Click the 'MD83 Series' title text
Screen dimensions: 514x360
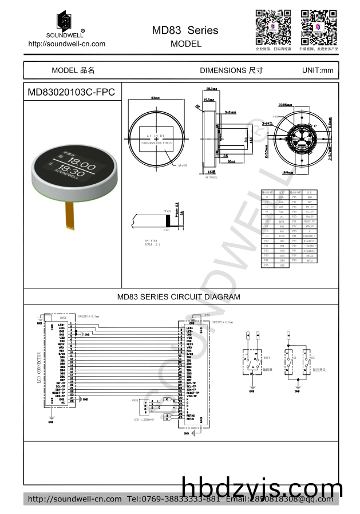pos(185,30)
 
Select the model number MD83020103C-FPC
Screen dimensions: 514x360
pos(71,92)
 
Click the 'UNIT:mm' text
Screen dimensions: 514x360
pos(317,70)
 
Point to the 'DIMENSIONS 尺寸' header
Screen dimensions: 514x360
pos(231,70)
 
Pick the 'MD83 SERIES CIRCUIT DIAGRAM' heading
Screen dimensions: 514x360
pos(179,297)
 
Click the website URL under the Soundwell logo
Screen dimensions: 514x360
pos(66,44)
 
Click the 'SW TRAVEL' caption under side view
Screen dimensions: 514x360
pos(212,177)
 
